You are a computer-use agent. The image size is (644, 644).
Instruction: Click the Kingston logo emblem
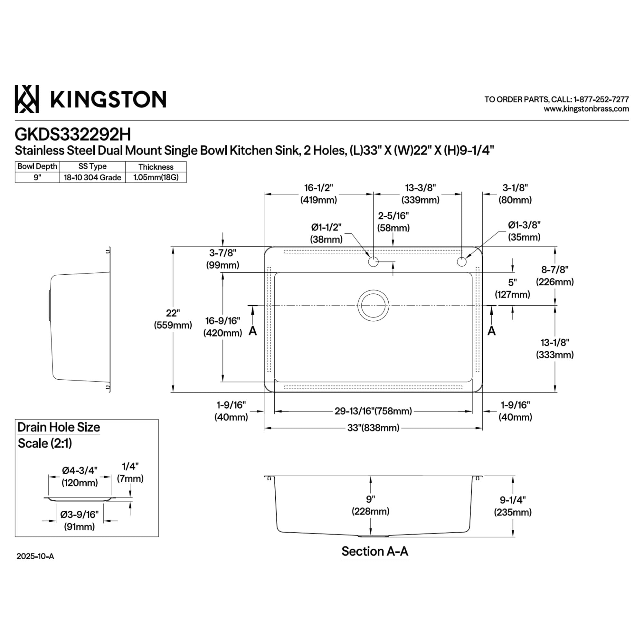click(27, 99)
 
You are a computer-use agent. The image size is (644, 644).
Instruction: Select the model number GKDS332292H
click(73, 135)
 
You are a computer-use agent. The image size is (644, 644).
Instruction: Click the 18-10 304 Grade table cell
click(92, 178)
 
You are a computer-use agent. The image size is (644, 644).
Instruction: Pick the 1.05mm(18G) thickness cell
click(156, 177)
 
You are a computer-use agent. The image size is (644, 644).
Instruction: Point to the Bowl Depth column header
click(37, 167)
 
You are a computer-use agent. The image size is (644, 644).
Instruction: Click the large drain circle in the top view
click(373, 306)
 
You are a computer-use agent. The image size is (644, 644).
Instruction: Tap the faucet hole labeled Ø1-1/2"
click(373, 262)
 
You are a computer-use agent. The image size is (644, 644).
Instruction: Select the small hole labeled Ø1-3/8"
click(462, 262)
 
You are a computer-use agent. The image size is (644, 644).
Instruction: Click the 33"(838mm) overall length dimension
click(373, 428)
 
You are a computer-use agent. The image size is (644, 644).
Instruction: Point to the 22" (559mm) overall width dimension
click(173, 319)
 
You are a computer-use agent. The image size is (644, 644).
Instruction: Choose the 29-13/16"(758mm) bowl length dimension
click(373, 411)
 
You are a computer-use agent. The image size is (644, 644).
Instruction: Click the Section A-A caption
click(375, 552)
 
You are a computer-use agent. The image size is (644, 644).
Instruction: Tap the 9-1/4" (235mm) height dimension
click(513, 506)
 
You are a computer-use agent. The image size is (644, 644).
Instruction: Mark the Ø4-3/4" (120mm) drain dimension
click(80, 477)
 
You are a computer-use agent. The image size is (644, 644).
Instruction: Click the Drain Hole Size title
click(59, 427)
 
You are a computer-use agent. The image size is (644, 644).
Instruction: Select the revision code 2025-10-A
click(35, 556)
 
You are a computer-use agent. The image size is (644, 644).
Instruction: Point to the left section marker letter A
click(253, 331)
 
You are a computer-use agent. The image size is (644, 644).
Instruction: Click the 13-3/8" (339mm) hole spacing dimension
click(420, 194)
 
